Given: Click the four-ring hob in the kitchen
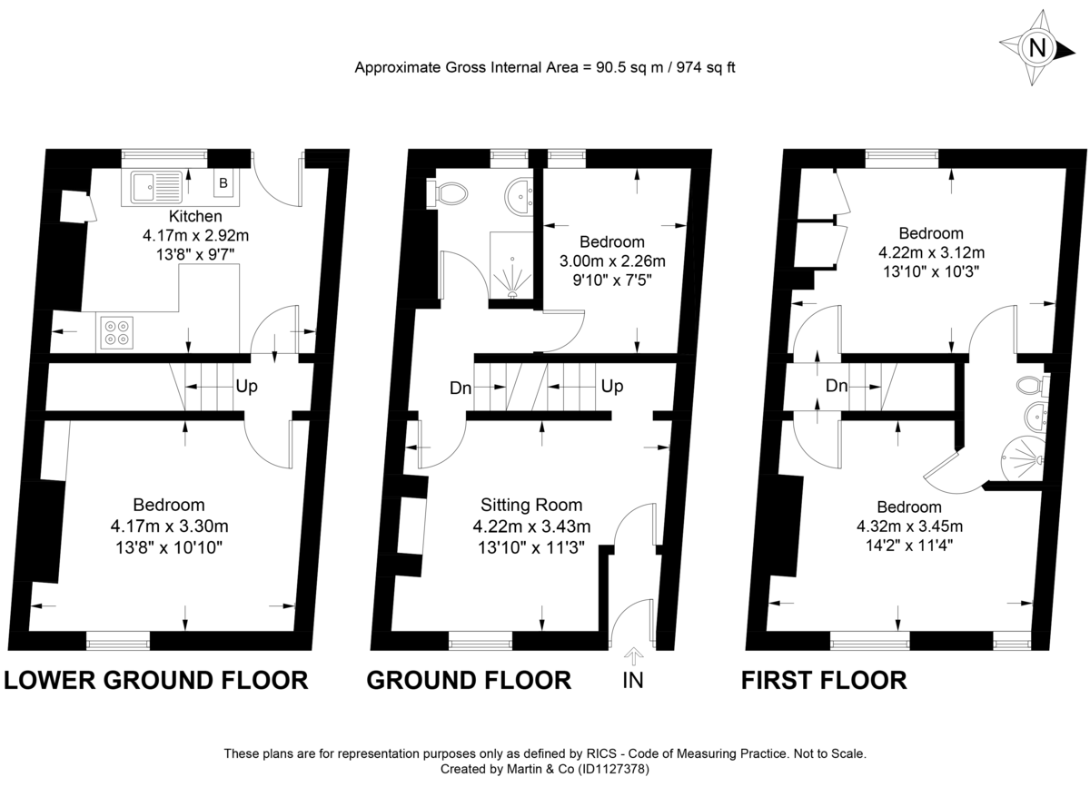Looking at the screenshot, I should coord(115,332).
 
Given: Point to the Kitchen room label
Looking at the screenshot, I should coord(195,217).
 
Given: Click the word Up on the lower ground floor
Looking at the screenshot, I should coord(246,387).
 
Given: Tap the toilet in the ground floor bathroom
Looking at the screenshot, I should coord(450,192).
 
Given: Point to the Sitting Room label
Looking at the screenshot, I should coord(531,506).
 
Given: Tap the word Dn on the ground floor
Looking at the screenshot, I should coord(461,389).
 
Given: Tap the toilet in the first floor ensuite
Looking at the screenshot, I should coord(1033,383).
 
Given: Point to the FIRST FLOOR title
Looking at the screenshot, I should coord(824,680).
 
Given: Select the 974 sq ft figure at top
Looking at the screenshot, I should coord(698,67).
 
